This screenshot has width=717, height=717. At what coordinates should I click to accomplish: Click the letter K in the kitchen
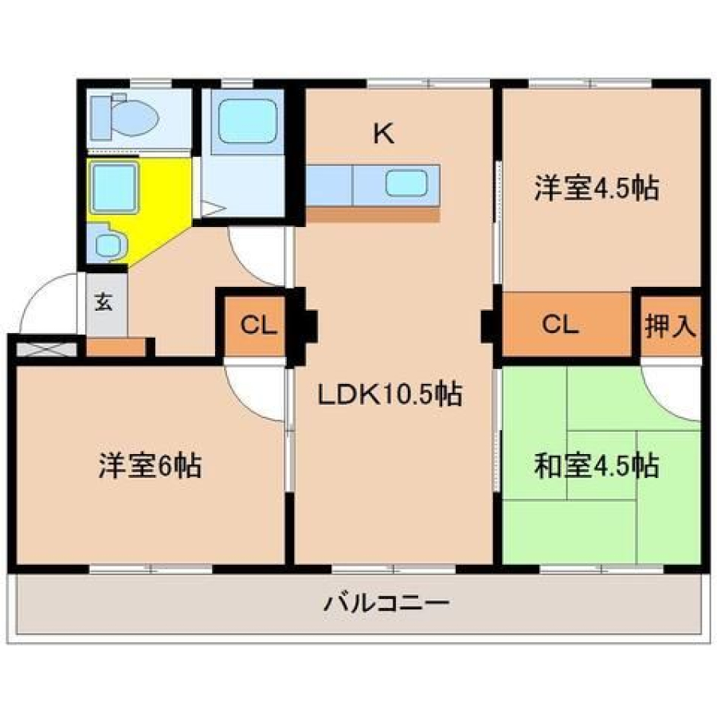(384, 134)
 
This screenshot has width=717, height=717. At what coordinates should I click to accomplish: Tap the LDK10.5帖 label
(390, 394)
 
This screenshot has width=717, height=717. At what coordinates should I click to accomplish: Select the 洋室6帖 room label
(150, 465)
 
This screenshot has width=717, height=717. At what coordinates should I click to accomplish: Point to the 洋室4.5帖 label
(597, 188)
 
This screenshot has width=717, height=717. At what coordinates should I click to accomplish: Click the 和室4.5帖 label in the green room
(597, 466)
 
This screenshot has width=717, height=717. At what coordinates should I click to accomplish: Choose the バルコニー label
(386, 604)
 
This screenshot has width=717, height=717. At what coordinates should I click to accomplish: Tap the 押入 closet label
(671, 326)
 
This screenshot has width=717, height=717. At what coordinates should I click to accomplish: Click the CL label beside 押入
(560, 324)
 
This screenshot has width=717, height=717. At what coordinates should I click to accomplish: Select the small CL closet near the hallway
(258, 325)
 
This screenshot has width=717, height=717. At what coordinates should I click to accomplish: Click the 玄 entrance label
(104, 302)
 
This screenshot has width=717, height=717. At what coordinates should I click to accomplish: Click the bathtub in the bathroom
(248, 121)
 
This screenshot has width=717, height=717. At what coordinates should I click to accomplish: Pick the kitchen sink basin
(406, 183)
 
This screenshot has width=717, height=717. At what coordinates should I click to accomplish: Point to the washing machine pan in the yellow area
(114, 188)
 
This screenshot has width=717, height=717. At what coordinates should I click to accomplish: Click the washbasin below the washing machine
(108, 245)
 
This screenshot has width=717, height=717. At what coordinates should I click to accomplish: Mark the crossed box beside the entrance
(47, 349)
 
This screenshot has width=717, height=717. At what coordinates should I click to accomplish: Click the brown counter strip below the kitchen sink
(373, 214)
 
